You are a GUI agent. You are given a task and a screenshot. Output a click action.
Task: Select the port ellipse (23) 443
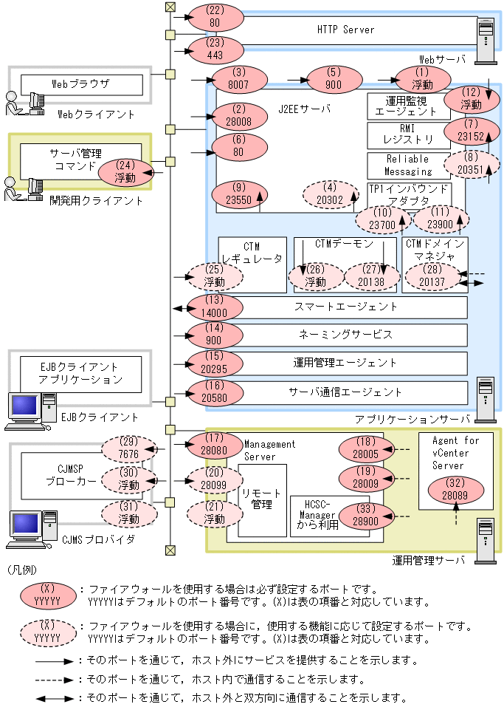pyautogui.click(x=215, y=49)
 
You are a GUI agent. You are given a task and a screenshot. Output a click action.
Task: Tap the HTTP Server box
pyautogui.click(x=346, y=30)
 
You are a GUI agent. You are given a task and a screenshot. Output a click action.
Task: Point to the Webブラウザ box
pyautogui.click(x=80, y=84)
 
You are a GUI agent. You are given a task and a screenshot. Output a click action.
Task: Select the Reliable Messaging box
pyautogui.click(x=408, y=165)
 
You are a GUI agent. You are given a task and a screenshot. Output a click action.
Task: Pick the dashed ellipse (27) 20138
pyautogui.click(x=371, y=276)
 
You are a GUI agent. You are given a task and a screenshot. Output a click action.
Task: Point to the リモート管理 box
pyautogui.click(x=262, y=500)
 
